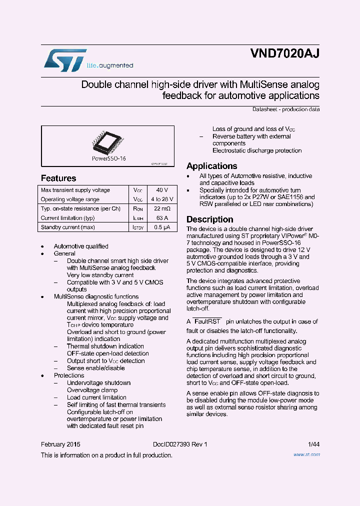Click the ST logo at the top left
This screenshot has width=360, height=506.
(65, 59)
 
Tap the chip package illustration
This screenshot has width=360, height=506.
(107, 142)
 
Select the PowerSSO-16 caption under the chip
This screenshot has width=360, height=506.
(108, 158)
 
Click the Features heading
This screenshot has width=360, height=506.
(58, 178)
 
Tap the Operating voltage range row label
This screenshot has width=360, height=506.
(70, 199)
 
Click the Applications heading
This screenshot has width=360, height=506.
(211, 166)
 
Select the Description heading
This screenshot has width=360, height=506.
(210, 219)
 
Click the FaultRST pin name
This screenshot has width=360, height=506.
(207, 321)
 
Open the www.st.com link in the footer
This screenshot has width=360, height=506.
(306, 455)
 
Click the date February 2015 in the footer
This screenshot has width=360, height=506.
(60, 444)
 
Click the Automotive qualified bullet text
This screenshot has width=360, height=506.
(81, 246)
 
